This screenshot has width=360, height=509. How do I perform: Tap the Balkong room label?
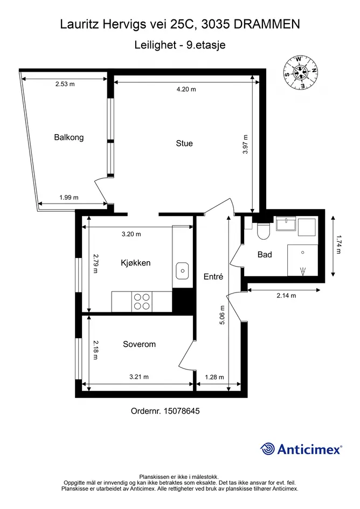69,137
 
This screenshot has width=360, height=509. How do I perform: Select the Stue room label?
184,143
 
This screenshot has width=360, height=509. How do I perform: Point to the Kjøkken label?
135,263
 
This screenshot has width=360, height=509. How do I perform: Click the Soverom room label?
139,344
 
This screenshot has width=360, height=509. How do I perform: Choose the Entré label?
213,276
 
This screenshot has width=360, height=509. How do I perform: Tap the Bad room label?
265,254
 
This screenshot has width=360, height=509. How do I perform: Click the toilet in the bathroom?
263,231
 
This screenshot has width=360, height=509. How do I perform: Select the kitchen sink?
182,271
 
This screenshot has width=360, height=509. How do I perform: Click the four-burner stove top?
142,302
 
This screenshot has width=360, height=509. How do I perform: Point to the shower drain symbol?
303,271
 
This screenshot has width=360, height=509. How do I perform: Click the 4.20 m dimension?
186,89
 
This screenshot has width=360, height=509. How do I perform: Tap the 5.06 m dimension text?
222,315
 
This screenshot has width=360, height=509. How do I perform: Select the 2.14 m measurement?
286,295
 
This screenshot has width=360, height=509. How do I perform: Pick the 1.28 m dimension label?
214,377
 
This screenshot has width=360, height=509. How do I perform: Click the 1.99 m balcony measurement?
69,197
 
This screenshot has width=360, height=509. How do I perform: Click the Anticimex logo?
301,449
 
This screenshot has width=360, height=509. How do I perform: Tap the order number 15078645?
182,411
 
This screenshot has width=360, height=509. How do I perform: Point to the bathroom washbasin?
286,224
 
